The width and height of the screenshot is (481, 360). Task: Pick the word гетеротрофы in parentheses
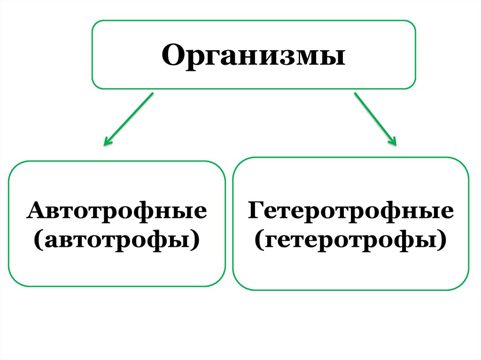point(350,240)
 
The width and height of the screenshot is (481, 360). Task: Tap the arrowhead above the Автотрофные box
point(108,141)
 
